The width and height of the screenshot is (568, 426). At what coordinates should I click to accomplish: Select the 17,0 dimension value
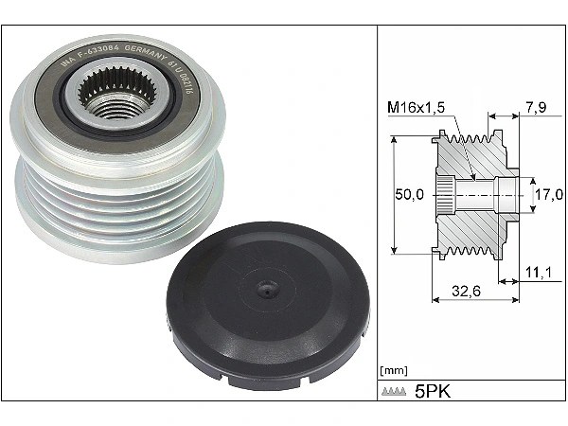point(545,195)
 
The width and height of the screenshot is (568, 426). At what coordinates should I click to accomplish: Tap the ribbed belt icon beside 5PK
point(392,392)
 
